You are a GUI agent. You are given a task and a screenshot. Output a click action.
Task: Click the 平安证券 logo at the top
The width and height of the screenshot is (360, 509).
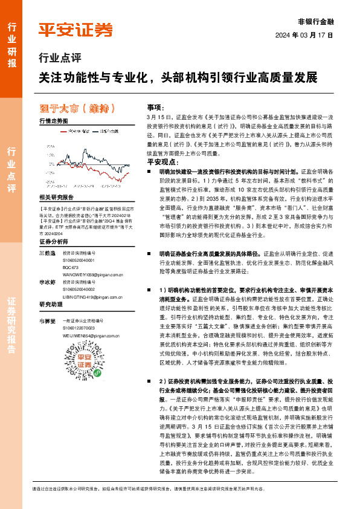tap(75, 30)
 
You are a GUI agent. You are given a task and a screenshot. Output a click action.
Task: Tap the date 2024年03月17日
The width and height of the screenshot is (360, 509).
tap(313, 34)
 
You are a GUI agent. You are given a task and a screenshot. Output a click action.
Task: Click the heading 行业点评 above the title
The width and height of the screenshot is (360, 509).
tap(59, 59)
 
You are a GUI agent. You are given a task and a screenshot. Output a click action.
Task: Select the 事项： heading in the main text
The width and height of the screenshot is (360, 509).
tap(156, 106)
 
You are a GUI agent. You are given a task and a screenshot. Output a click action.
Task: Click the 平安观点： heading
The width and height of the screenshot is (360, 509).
tap(161, 163)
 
